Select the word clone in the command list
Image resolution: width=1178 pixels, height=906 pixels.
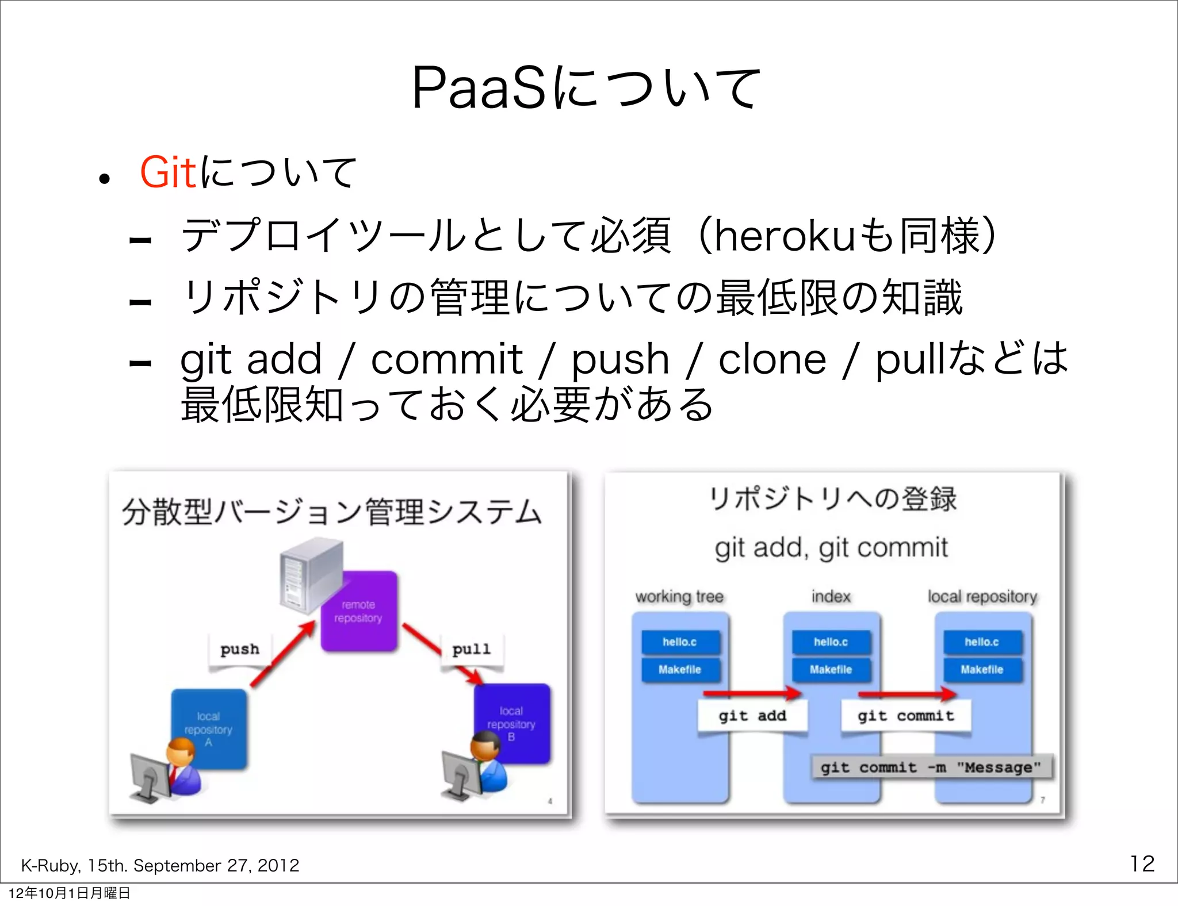coord(772,359)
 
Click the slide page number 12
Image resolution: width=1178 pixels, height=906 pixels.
coord(1142,863)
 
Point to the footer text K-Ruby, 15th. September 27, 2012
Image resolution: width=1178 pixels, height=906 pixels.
coord(160,865)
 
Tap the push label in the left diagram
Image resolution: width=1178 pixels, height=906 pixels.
coord(239,650)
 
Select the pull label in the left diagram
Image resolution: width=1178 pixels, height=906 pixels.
coord(471,650)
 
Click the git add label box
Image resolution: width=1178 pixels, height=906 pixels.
coord(752,716)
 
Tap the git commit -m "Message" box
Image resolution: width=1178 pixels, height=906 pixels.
coord(931,767)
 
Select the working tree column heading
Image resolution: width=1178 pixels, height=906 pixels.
coord(679,597)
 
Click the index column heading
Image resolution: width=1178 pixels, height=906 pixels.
coord(831,597)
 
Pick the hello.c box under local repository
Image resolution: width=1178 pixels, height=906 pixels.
coord(982,642)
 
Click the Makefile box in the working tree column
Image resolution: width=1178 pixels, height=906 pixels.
coord(680,670)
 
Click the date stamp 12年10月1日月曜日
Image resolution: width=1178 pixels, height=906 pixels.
coord(69,893)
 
